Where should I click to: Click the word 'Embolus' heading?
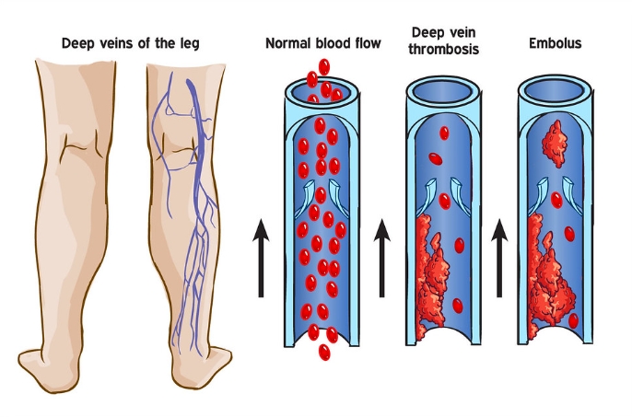point(555,43)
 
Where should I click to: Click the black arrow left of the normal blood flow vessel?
point(262,260)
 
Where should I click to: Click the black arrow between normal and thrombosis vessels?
point(383,260)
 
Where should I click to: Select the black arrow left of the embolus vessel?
point(500,260)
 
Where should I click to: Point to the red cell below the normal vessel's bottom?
point(323,352)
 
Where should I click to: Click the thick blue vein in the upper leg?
point(193,101)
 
